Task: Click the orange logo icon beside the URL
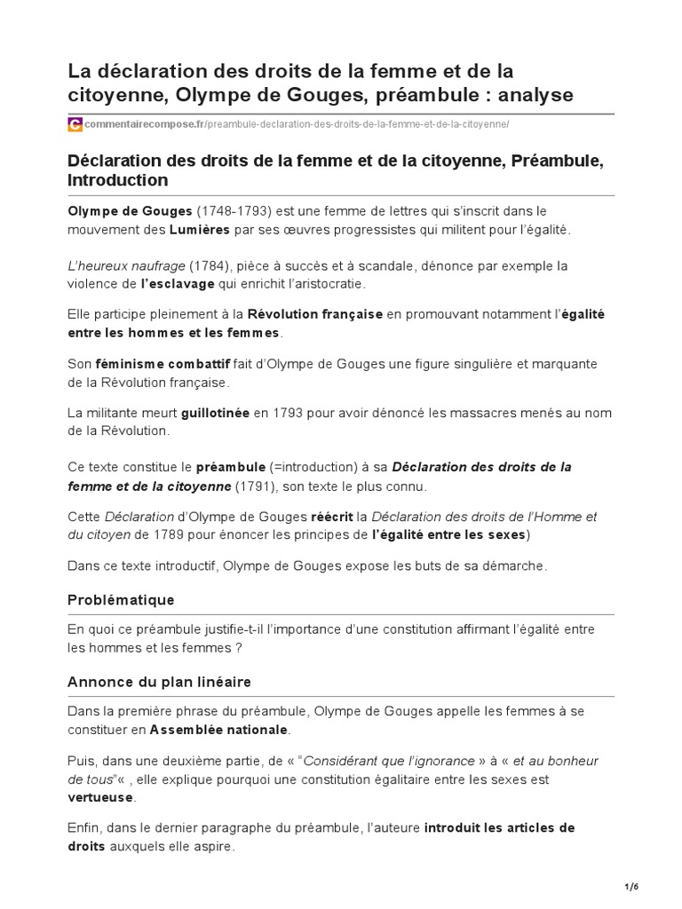[x=75, y=125]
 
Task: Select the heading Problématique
[x=121, y=600]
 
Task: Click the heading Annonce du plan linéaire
[x=160, y=682]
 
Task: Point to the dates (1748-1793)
[x=234, y=211]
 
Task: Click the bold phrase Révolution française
[x=315, y=314]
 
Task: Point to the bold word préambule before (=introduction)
[x=230, y=467]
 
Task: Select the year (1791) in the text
[x=254, y=486]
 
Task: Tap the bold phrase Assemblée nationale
[x=218, y=730]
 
